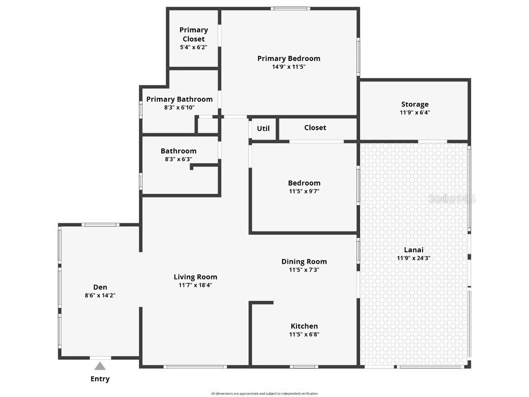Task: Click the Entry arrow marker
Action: [100, 366]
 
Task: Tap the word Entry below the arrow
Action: [100, 379]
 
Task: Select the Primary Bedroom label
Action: [289, 58]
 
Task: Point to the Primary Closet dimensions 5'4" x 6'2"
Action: [194, 47]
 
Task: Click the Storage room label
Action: [415, 104]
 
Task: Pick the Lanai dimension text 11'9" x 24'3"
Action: [414, 258]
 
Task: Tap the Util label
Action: [263, 128]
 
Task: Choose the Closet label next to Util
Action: [315, 128]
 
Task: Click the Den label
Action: [100, 287]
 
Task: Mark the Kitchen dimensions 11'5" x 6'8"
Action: [304, 334]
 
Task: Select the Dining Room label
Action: [304, 262]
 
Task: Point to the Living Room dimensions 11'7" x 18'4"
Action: [195, 285]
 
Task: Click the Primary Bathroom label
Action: [179, 99]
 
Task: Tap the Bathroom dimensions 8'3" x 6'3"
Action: [178, 159]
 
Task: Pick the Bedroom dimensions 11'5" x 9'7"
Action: [304, 191]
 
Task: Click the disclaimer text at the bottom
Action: [264, 394]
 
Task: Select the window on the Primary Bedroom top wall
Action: [291, 8]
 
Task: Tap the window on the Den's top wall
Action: [101, 225]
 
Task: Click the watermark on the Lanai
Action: [454, 199]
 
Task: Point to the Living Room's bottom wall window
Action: [195, 367]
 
